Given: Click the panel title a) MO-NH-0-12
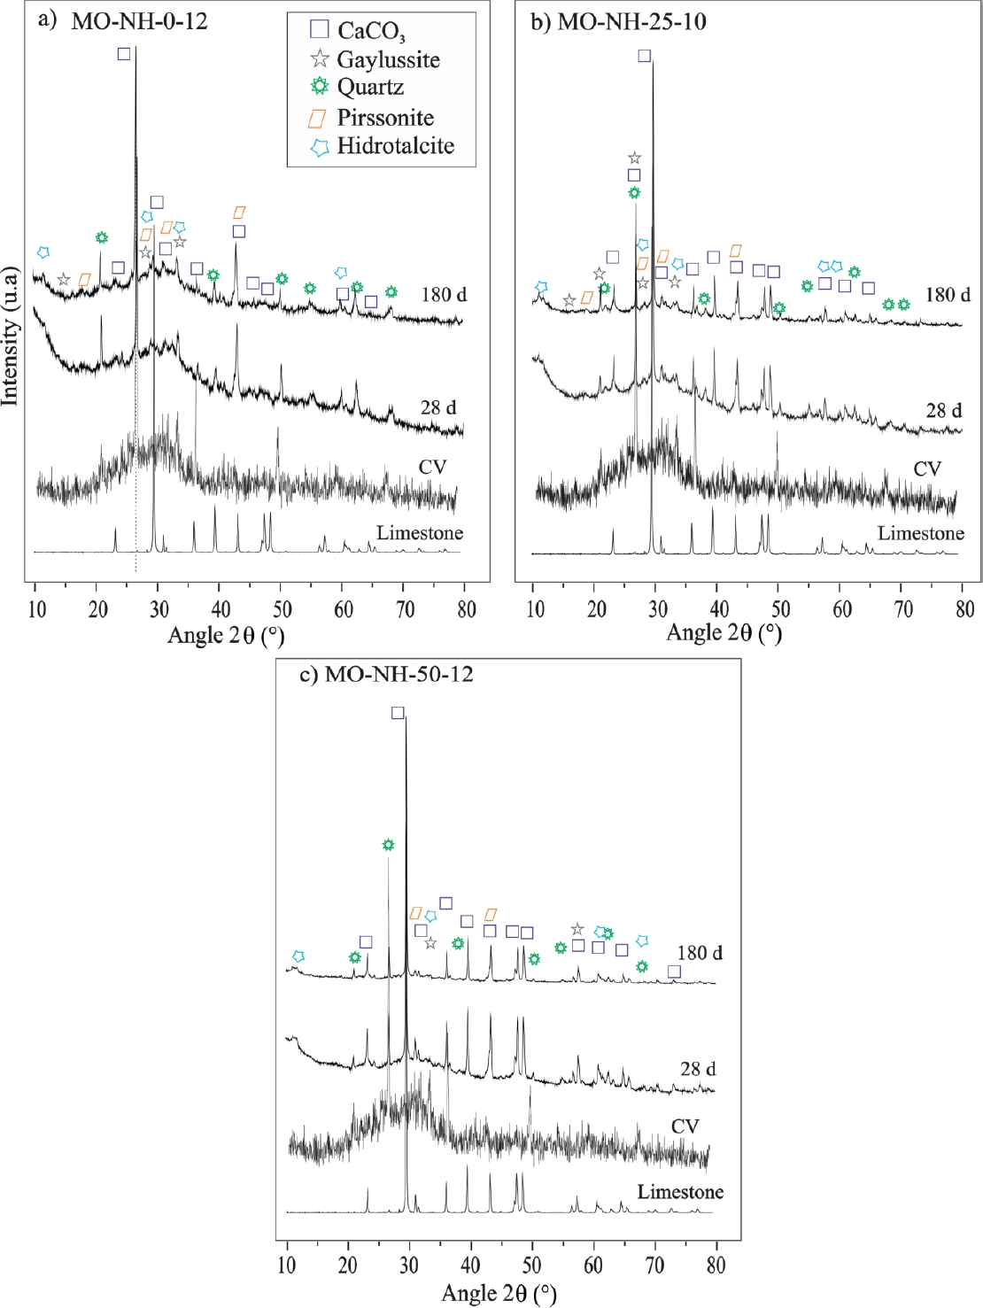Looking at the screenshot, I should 123,21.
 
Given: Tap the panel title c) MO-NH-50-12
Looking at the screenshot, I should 386,674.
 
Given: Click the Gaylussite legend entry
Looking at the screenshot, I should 388,60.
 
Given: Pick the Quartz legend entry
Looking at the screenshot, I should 370,87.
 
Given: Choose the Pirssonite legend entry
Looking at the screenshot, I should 384,118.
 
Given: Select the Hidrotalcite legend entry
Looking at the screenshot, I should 395,146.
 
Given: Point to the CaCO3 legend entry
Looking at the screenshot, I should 371,31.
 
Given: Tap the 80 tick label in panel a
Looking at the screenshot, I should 466,609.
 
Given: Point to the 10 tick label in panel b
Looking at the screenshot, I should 535,609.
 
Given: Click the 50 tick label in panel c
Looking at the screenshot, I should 531,1265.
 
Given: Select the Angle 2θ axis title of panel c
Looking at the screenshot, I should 499,1293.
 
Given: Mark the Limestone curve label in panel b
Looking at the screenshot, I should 920,533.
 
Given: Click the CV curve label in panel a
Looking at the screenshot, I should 432,467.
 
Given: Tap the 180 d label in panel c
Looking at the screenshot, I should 700,953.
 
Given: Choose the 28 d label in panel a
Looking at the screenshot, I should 438,407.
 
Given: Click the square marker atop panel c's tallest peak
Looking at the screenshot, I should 398,713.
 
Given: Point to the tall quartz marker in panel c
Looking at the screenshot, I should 388,845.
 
